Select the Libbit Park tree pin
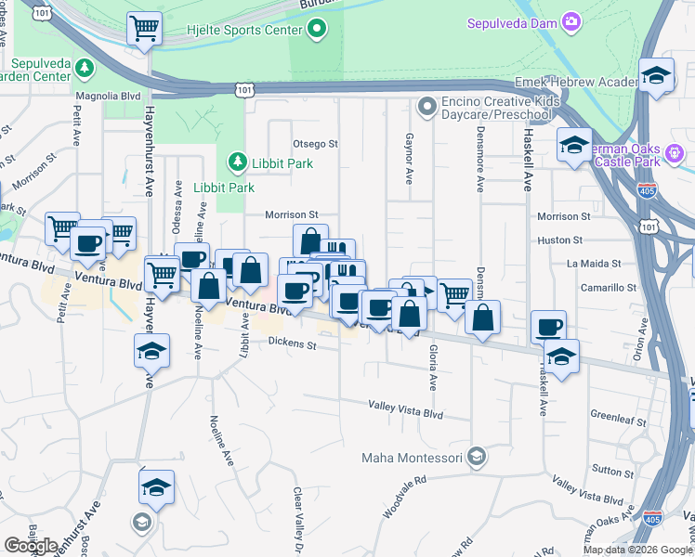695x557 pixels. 237,163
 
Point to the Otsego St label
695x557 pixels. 315,144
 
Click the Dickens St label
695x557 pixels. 293,345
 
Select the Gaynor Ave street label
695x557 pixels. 408,157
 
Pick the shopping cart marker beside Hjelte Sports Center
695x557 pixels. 144,28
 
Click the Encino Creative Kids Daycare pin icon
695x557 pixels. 426,107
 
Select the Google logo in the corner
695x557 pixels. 30,546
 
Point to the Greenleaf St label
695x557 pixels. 618,420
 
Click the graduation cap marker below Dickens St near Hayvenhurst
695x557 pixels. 149,352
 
